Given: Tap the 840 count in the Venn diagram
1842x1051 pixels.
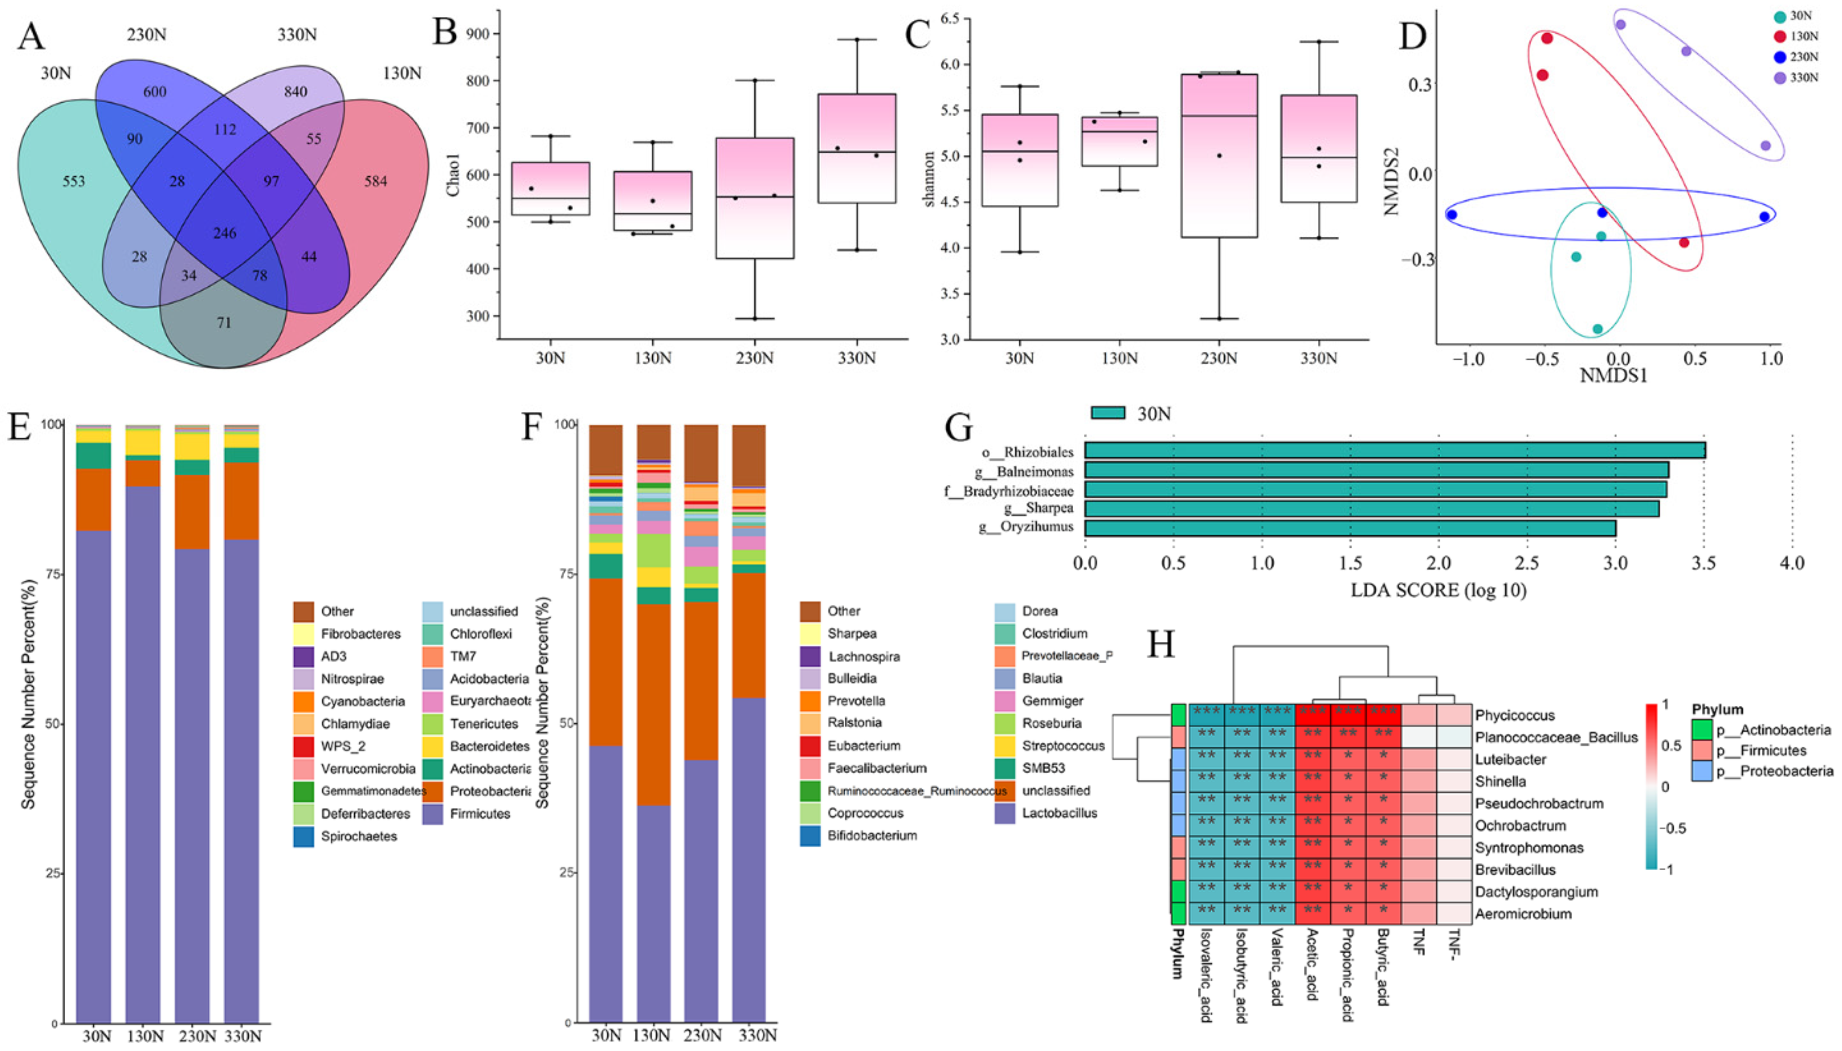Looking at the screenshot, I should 295,91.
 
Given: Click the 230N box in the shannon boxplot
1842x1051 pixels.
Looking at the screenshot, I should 1218,155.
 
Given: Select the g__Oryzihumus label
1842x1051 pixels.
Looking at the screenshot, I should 1026,527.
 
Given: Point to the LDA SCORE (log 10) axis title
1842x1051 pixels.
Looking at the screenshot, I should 1438,590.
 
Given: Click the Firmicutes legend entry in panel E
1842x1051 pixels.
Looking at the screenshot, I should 479,814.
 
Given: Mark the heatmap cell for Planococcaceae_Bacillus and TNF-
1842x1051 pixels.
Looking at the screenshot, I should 1454,737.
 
